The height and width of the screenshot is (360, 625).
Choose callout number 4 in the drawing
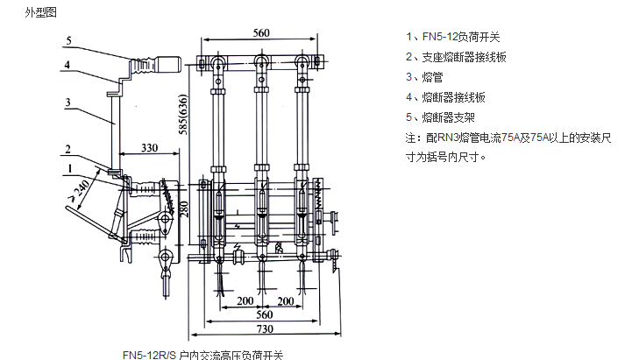tap(67, 65)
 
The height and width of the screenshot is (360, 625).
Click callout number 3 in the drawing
tap(67, 102)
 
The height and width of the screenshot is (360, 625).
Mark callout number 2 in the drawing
tap(67, 148)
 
